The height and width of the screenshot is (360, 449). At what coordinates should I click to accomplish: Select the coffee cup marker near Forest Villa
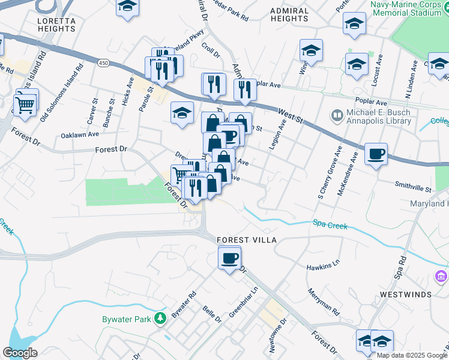(229, 259)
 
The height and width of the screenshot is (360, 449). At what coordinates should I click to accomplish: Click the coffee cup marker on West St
(376, 154)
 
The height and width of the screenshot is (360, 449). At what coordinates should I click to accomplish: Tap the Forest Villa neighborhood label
(247, 240)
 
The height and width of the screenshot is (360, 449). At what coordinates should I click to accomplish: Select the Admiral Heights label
(289, 15)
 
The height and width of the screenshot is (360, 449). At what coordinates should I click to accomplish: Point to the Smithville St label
(413, 188)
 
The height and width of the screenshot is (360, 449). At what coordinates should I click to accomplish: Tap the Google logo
(20, 353)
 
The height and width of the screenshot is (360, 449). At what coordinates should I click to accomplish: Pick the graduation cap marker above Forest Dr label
(182, 112)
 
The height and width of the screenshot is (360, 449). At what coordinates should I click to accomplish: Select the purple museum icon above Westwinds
(441, 277)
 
